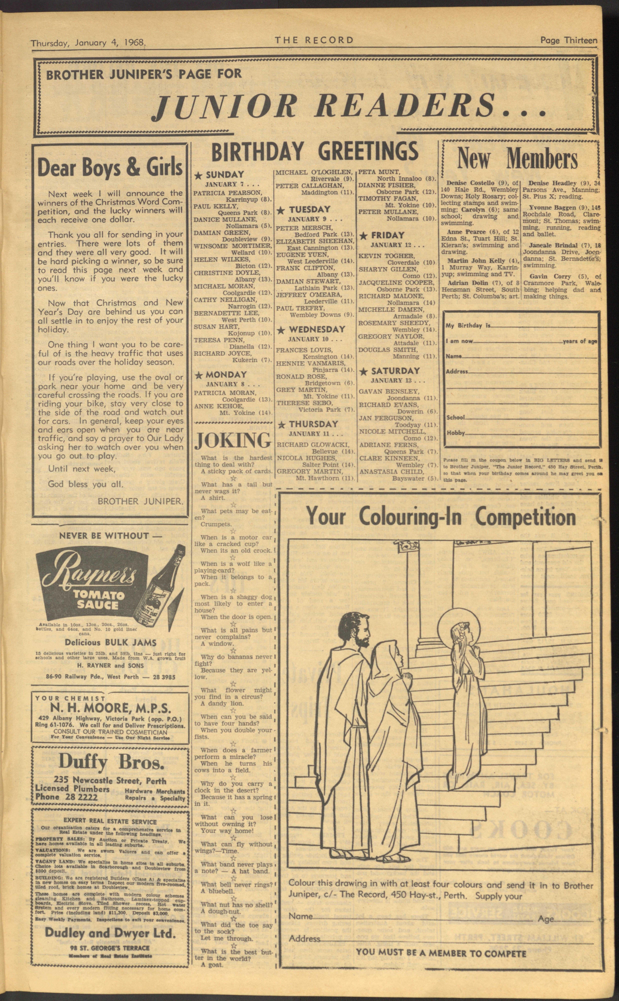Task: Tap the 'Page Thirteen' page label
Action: pos(568,40)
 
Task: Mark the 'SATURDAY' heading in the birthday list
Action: pos(395,371)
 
